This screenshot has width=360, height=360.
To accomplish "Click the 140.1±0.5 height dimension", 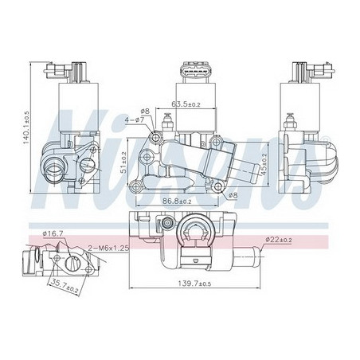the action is pyautogui.click(x=27, y=127).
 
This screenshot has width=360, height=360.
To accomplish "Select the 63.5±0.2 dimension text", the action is pyautogui.click(x=186, y=104).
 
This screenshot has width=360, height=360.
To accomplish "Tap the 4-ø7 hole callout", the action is pyautogui.click(x=135, y=119).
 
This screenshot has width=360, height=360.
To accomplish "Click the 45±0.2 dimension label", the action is pyautogui.click(x=263, y=165).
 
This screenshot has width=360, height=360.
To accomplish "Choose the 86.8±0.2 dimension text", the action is pyautogui.click(x=177, y=202).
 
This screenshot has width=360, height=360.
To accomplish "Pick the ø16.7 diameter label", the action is pyautogui.click(x=53, y=234).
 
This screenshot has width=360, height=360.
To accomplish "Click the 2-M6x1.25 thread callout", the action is pyautogui.click(x=108, y=248).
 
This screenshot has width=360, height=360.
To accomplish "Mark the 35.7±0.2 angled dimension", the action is pyautogui.click(x=65, y=287).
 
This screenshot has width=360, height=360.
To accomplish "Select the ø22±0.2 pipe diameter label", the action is pyautogui.click(x=279, y=240).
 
